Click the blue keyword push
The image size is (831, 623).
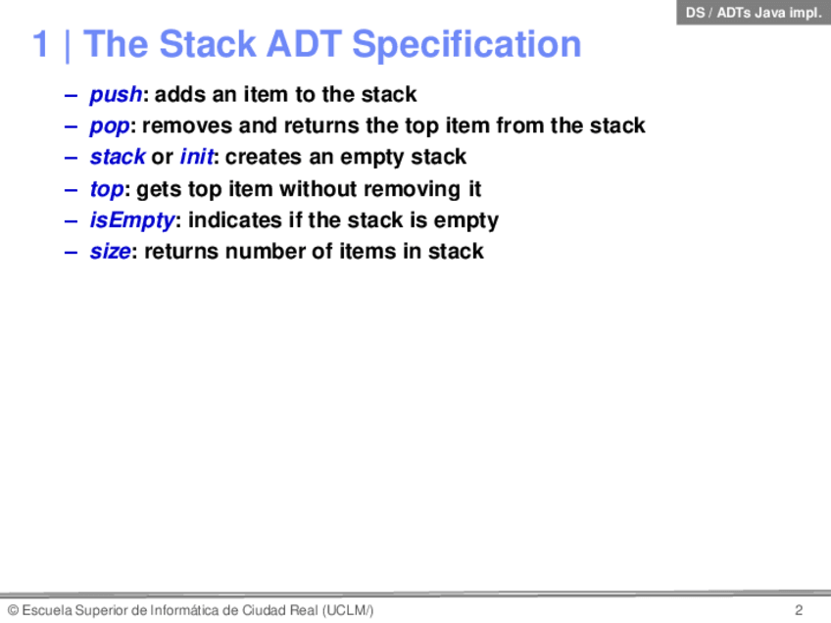pos(116,95)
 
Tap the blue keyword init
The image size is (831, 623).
pos(197,157)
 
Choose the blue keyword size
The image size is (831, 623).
pos(110,251)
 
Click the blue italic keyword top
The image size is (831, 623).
pos(107,190)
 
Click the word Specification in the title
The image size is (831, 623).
pos(466,45)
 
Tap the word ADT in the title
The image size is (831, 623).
pos(304,43)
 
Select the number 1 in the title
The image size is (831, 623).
pos(41,43)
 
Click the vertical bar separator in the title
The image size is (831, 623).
pos(68,46)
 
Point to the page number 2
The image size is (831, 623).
pos(799,610)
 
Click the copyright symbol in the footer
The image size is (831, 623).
pos(14,610)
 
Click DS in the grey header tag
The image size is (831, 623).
pos(696,12)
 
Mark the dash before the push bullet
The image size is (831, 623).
pos(71,96)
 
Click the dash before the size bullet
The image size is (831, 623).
pos(71,253)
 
